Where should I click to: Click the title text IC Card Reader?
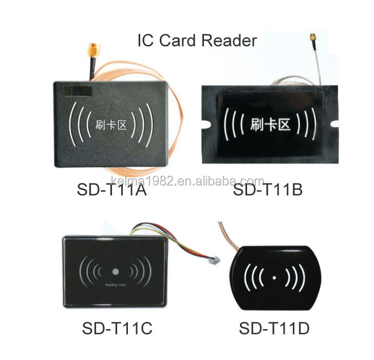(197, 40)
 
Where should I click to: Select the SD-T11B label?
(268, 191)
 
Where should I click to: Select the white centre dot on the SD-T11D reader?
(274, 278)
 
